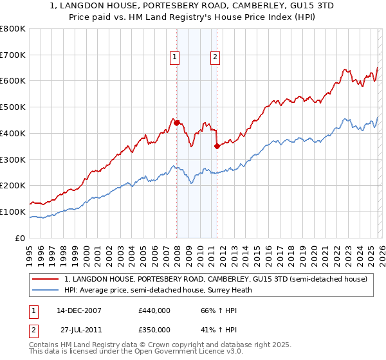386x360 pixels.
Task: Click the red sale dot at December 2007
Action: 177,123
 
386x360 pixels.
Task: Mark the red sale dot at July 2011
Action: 217,147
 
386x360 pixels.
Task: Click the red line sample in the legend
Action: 46,279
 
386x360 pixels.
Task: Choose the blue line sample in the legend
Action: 46,290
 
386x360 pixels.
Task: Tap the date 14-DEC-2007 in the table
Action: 79,310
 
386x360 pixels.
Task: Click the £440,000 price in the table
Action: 154,310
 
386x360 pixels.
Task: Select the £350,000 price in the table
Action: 154,329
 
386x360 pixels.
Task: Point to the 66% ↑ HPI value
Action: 214,310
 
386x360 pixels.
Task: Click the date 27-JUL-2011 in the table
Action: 79,329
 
